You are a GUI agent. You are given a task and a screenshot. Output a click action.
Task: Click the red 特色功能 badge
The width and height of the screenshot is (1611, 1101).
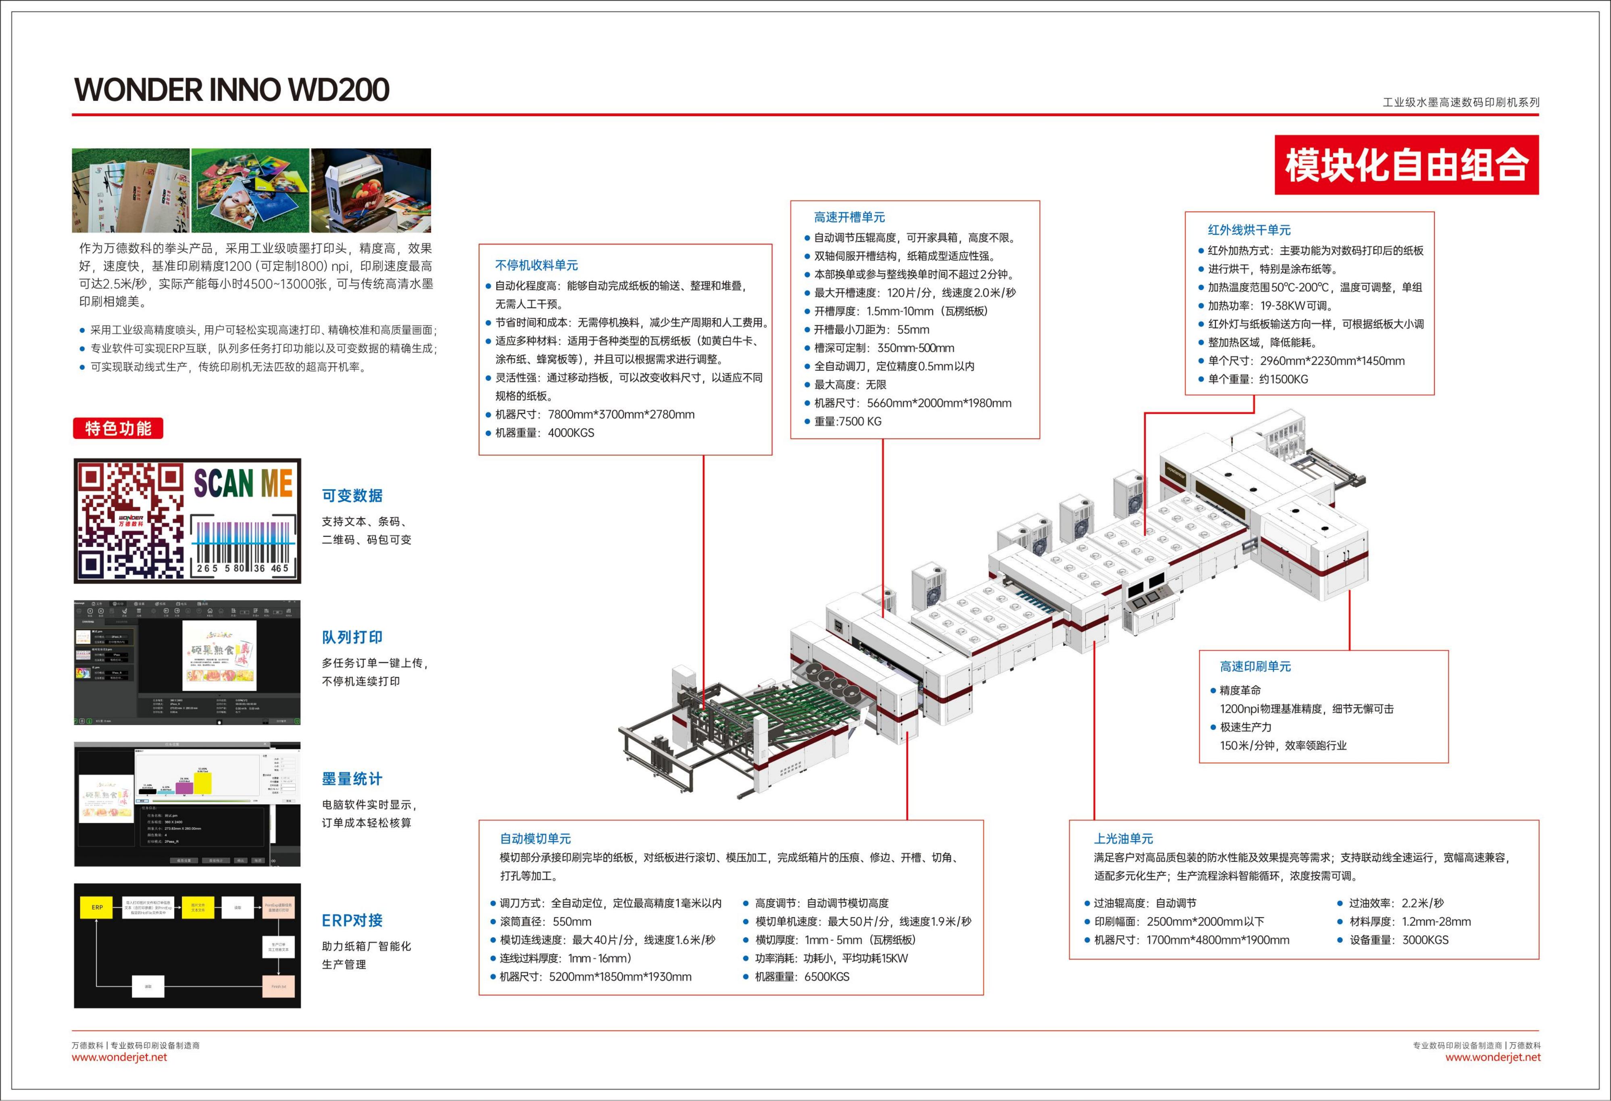coord(118,428)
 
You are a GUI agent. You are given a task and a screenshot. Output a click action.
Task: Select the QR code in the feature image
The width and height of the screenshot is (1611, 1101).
coord(130,520)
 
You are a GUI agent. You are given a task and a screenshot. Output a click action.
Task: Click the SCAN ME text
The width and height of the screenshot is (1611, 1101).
coord(243,483)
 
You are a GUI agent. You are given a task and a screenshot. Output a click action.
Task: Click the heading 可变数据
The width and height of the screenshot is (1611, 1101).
coord(352,496)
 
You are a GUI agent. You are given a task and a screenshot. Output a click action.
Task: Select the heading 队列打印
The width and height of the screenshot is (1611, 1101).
coord(352,637)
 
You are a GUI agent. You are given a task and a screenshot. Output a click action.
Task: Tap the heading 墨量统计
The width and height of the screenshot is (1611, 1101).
coord(352,779)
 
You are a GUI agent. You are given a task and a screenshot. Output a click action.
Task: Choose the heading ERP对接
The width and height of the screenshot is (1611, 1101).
coord(352,920)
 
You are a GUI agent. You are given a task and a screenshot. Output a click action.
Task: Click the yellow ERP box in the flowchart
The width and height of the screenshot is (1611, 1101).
coord(97,907)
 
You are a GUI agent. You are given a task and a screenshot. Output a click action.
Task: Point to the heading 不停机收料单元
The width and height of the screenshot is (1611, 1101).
coord(537,265)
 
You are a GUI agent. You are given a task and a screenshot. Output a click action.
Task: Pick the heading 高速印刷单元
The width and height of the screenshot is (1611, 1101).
coord(1255,666)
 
